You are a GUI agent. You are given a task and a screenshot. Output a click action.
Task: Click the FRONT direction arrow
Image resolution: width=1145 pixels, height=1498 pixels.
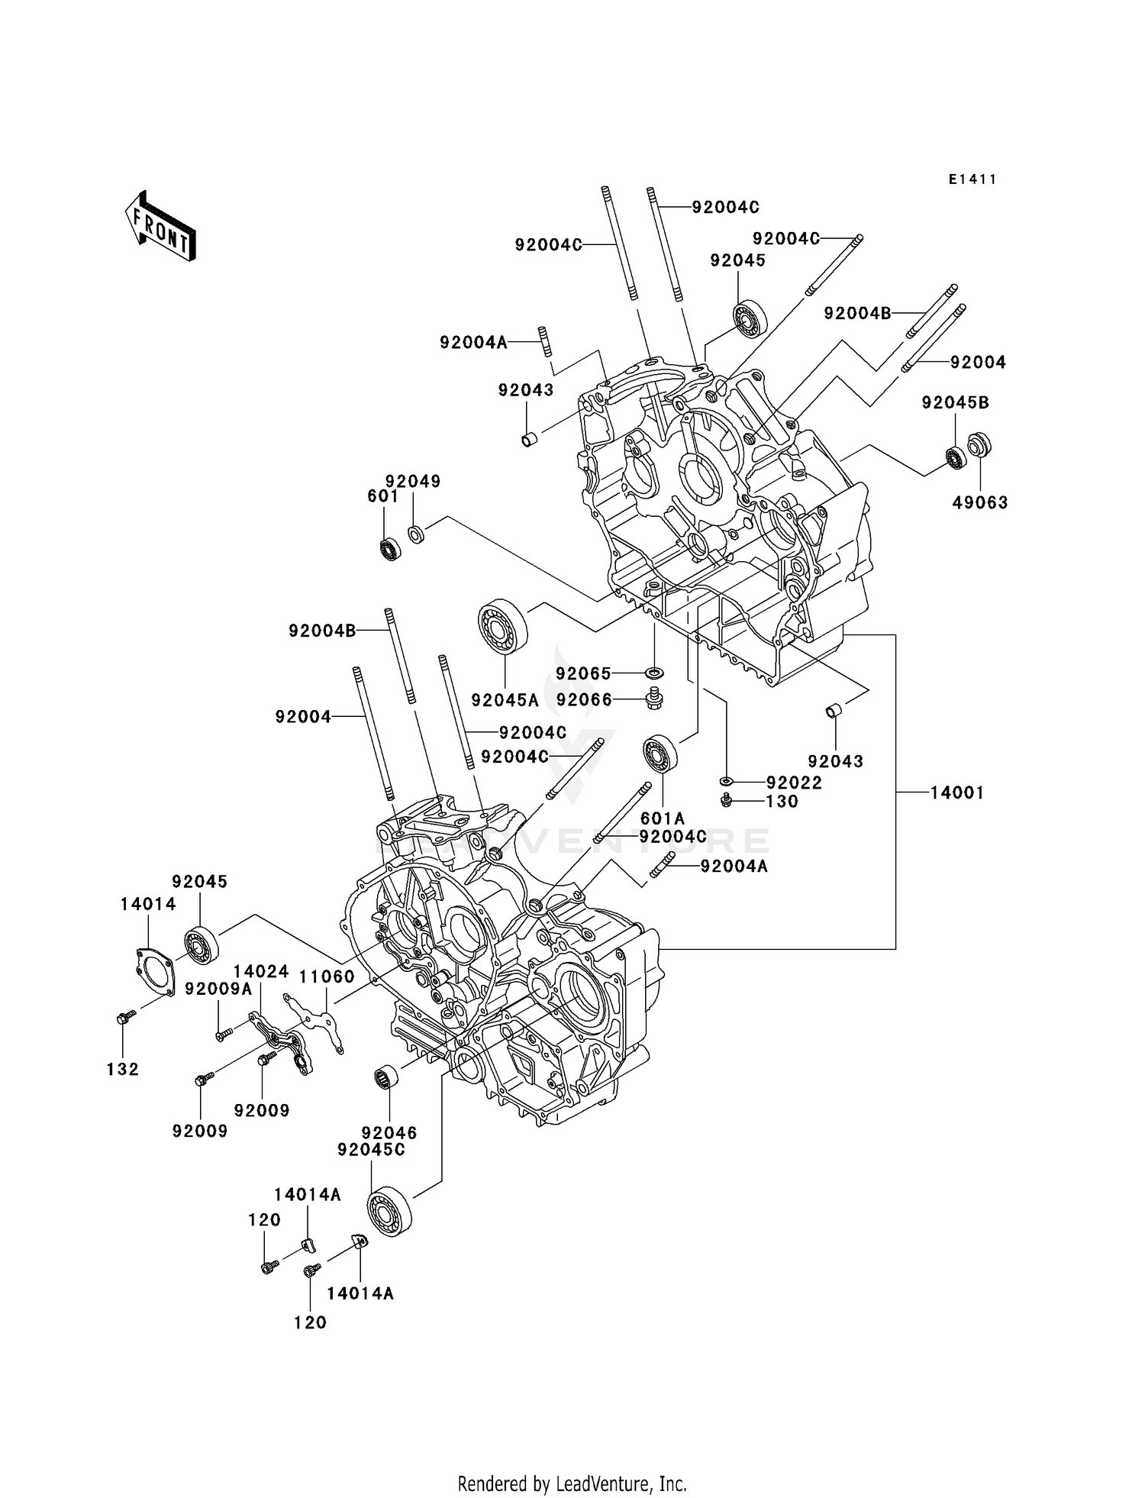tap(161, 227)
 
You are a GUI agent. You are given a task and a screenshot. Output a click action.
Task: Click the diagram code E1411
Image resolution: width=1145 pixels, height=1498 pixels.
tap(972, 179)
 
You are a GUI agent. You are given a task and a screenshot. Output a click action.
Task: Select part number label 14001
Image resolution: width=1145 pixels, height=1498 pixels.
tap(956, 793)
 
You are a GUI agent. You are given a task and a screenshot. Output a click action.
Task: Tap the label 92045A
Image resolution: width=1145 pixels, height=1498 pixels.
tap(505, 700)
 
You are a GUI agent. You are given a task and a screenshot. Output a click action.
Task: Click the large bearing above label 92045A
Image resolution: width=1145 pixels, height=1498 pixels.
tap(503, 628)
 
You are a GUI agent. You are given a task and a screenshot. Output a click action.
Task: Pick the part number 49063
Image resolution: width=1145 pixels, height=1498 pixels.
tap(980, 502)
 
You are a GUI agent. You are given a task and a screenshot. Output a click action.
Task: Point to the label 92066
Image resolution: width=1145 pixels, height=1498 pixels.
tap(584, 699)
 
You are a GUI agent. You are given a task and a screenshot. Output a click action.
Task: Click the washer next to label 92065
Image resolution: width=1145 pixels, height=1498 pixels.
tap(653, 673)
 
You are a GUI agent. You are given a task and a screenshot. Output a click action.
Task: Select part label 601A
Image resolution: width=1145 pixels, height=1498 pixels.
tap(663, 819)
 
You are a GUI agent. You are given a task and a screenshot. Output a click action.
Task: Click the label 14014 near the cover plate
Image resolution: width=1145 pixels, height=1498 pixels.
tap(148, 904)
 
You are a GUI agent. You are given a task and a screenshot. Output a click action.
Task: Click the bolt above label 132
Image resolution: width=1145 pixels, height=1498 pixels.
tap(125, 1017)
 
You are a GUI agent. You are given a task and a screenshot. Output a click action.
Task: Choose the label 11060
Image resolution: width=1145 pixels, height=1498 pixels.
tap(326, 977)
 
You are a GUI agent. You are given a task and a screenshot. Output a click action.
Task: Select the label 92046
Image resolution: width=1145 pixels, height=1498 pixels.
tap(389, 1134)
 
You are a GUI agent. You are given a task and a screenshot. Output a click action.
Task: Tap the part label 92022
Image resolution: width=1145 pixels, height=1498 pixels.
tap(794, 783)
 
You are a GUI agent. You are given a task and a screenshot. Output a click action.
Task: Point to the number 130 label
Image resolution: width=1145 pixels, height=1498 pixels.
tap(782, 801)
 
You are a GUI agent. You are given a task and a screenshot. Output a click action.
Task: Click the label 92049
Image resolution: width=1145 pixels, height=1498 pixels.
tap(413, 481)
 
